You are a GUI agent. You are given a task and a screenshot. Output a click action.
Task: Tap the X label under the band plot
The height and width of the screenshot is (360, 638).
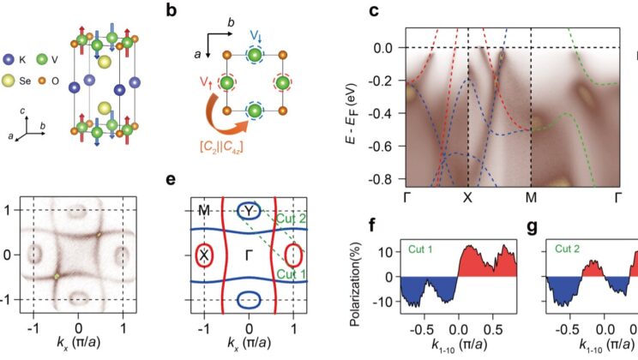(468, 197)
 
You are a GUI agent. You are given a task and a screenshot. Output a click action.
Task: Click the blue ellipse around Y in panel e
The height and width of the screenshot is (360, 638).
(249, 211)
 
